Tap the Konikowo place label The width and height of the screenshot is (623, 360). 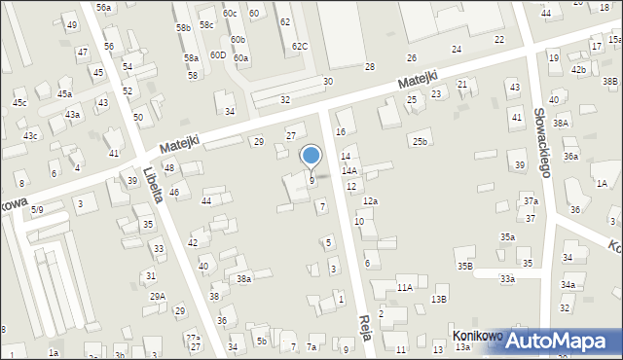477,336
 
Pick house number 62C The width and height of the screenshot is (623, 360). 300,47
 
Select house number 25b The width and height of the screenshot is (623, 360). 419,142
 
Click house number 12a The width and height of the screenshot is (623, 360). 370,200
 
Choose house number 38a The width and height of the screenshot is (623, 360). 244,278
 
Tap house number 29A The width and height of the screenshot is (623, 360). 157,297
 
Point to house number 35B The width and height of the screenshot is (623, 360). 464,266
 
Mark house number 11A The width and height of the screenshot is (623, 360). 404,287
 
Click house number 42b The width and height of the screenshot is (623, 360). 578,69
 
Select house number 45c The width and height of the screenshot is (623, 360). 19,102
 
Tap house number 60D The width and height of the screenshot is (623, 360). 217,55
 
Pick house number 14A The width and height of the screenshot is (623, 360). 348,170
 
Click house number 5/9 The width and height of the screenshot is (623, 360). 37,209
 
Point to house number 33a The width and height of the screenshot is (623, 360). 507,279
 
